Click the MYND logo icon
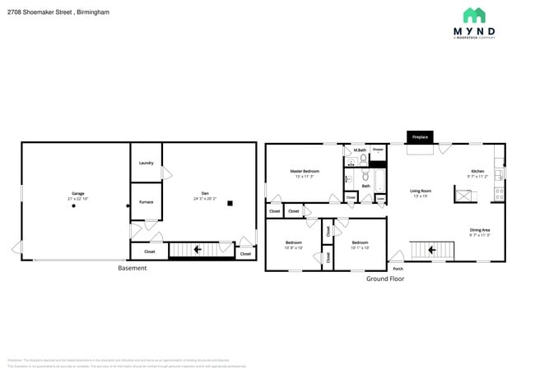point(473,15)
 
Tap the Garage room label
point(77,193)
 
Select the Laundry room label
point(147,163)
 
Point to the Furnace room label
point(146,201)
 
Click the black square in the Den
point(230,203)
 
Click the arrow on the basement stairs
point(198,249)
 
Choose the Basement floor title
point(133,268)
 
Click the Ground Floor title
point(385,279)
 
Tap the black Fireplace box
point(420,136)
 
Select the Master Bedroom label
point(305,171)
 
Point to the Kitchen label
point(477,171)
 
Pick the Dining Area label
point(480,230)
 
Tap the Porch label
point(398,269)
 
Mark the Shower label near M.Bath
point(378,150)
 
